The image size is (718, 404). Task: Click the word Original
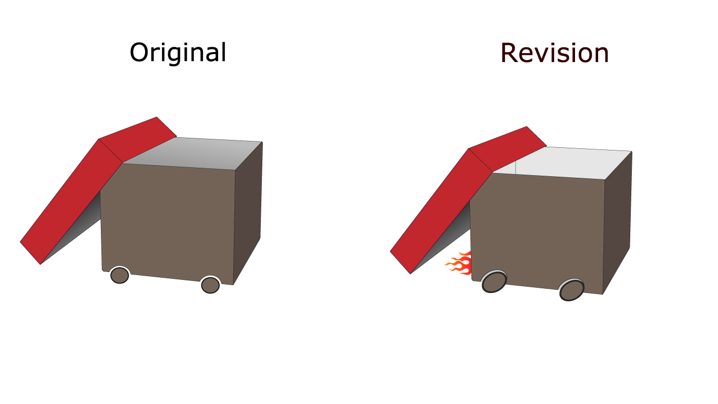[x=178, y=53]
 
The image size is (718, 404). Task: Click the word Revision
[x=555, y=53]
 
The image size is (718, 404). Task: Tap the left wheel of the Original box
[x=119, y=275]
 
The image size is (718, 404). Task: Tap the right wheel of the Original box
[x=210, y=285]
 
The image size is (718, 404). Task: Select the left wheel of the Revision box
[x=494, y=281]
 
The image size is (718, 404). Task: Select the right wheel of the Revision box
[x=571, y=290]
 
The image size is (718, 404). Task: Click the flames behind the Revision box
[x=458, y=264]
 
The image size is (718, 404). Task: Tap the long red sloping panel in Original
[x=71, y=202]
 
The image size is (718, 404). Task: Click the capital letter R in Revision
[x=510, y=53]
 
